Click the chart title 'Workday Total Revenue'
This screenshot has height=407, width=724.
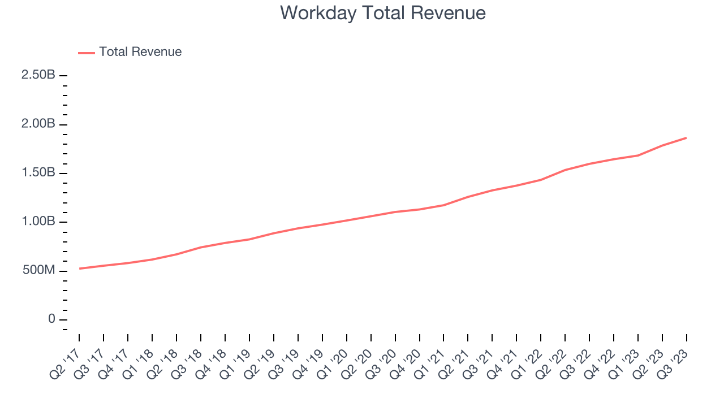click(383, 13)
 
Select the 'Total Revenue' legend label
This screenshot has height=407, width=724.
click(140, 52)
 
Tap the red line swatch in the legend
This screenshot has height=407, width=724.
click(87, 53)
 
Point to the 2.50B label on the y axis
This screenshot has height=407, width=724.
click(38, 75)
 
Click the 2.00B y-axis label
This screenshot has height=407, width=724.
click(38, 124)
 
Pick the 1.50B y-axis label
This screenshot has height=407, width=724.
click(38, 173)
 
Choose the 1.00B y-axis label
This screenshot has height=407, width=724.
click(38, 222)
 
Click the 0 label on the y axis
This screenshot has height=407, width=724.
click(52, 319)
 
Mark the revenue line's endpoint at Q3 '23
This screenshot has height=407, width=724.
click(687, 138)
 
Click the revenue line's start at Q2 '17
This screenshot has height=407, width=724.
click(79, 269)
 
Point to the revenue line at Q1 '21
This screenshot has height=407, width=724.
click(444, 205)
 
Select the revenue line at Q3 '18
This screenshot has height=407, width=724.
click(201, 248)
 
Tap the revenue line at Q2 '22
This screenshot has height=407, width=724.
click(565, 170)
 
